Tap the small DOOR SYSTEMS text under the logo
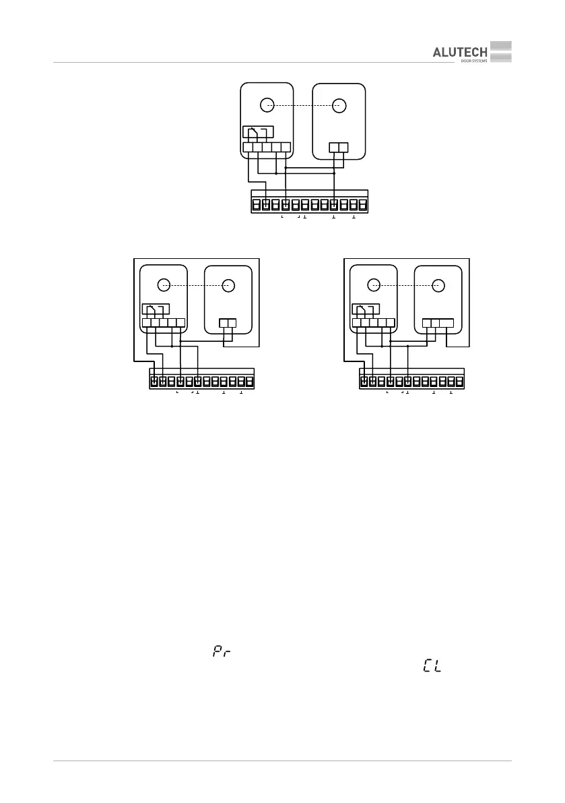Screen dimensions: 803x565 (474, 61)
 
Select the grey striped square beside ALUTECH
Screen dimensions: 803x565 (501, 53)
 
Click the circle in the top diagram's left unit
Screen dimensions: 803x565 (267, 105)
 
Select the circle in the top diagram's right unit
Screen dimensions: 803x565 (339, 105)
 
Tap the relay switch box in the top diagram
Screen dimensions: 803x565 (259, 132)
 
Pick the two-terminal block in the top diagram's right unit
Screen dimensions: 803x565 (338, 148)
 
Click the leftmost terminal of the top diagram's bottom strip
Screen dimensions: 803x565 (256, 204)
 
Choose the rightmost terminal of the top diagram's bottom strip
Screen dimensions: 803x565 (363, 204)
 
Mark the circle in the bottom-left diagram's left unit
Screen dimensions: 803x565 (162, 285)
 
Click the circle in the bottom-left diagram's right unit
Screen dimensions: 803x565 (228, 285)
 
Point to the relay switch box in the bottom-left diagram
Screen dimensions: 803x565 (155, 311)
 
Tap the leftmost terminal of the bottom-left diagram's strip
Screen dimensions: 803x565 (154, 382)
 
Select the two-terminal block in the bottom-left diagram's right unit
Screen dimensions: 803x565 (228, 323)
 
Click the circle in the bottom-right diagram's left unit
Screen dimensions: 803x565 (372, 285)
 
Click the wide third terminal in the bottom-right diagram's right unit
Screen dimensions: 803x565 (446, 323)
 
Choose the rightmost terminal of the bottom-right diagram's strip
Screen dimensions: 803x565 (460, 382)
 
